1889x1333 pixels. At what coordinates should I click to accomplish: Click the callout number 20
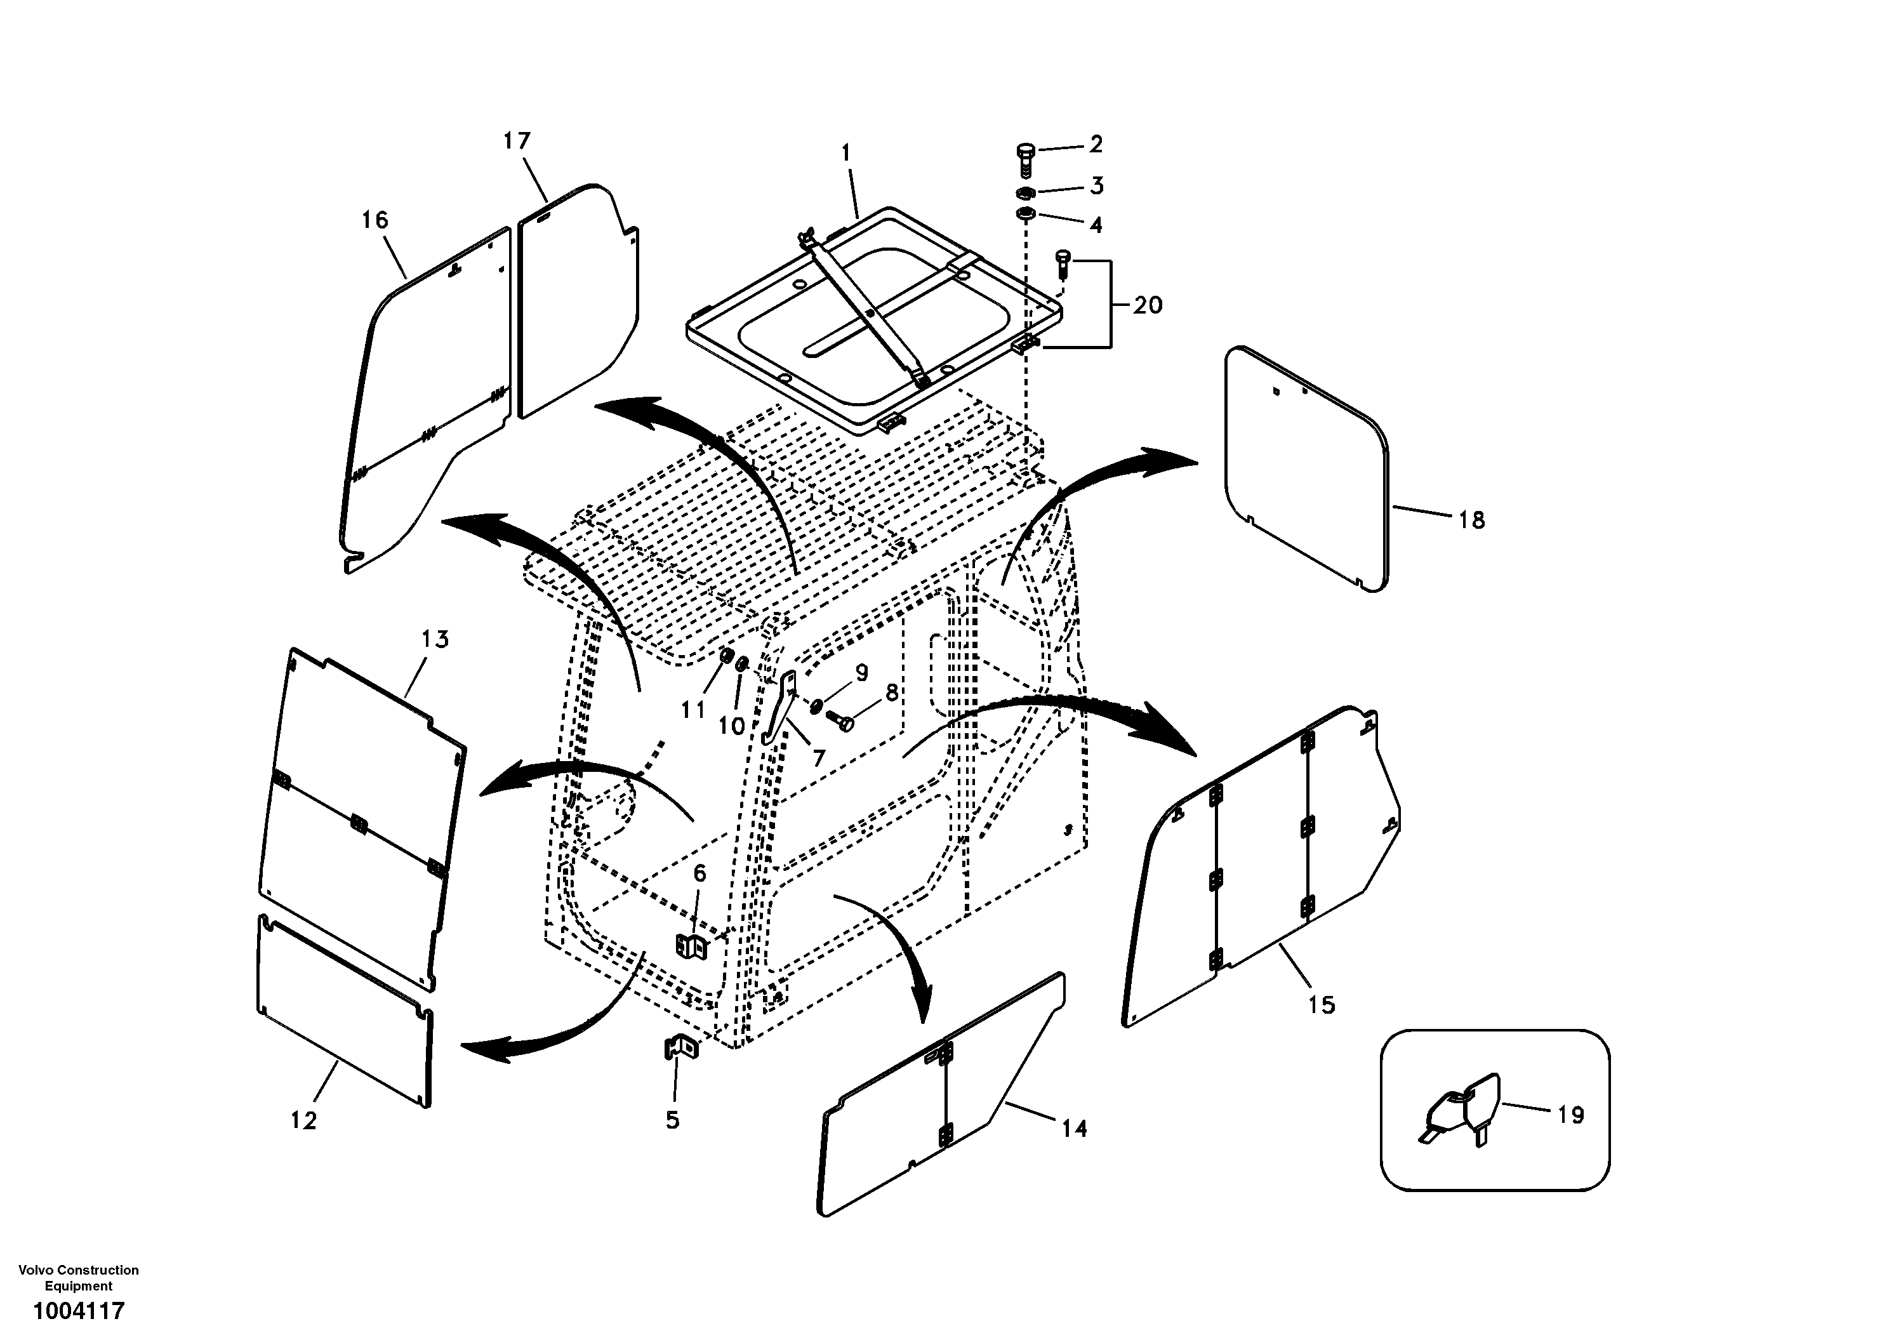(1148, 305)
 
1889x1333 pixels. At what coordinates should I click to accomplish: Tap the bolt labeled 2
(1024, 157)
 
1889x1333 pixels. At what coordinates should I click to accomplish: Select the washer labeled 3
(1024, 194)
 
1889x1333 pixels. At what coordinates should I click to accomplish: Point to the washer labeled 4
(1024, 216)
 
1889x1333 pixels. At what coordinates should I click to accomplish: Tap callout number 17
(517, 142)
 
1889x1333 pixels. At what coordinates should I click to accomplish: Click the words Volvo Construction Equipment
(78, 1278)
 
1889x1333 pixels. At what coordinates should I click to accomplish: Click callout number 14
(1073, 1128)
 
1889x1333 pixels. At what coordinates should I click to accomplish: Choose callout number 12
(303, 1121)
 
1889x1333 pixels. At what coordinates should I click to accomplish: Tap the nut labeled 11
(727, 658)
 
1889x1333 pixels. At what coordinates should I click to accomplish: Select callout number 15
(1322, 1005)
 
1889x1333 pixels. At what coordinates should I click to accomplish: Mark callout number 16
(374, 220)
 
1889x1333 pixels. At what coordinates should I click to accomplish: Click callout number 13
(435, 639)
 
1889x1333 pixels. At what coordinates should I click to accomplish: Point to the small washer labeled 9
(817, 705)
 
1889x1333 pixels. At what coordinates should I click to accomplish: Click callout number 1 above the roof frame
(845, 154)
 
